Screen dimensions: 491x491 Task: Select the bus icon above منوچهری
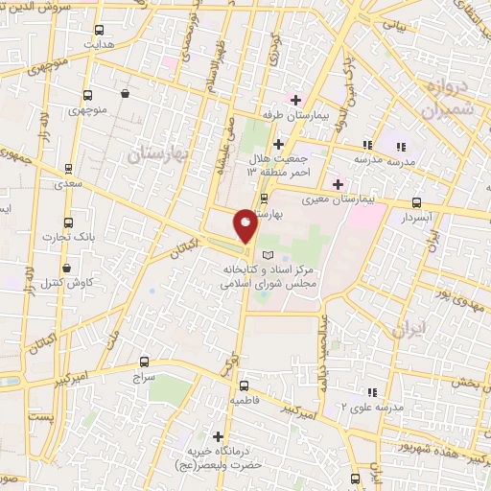[x=87, y=96]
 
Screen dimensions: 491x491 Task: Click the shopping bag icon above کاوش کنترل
[x=66, y=268]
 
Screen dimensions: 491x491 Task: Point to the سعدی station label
[x=68, y=181]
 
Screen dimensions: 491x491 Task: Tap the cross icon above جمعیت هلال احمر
[x=295, y=100]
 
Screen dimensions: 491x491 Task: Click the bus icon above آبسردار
[x=416, y=202]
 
